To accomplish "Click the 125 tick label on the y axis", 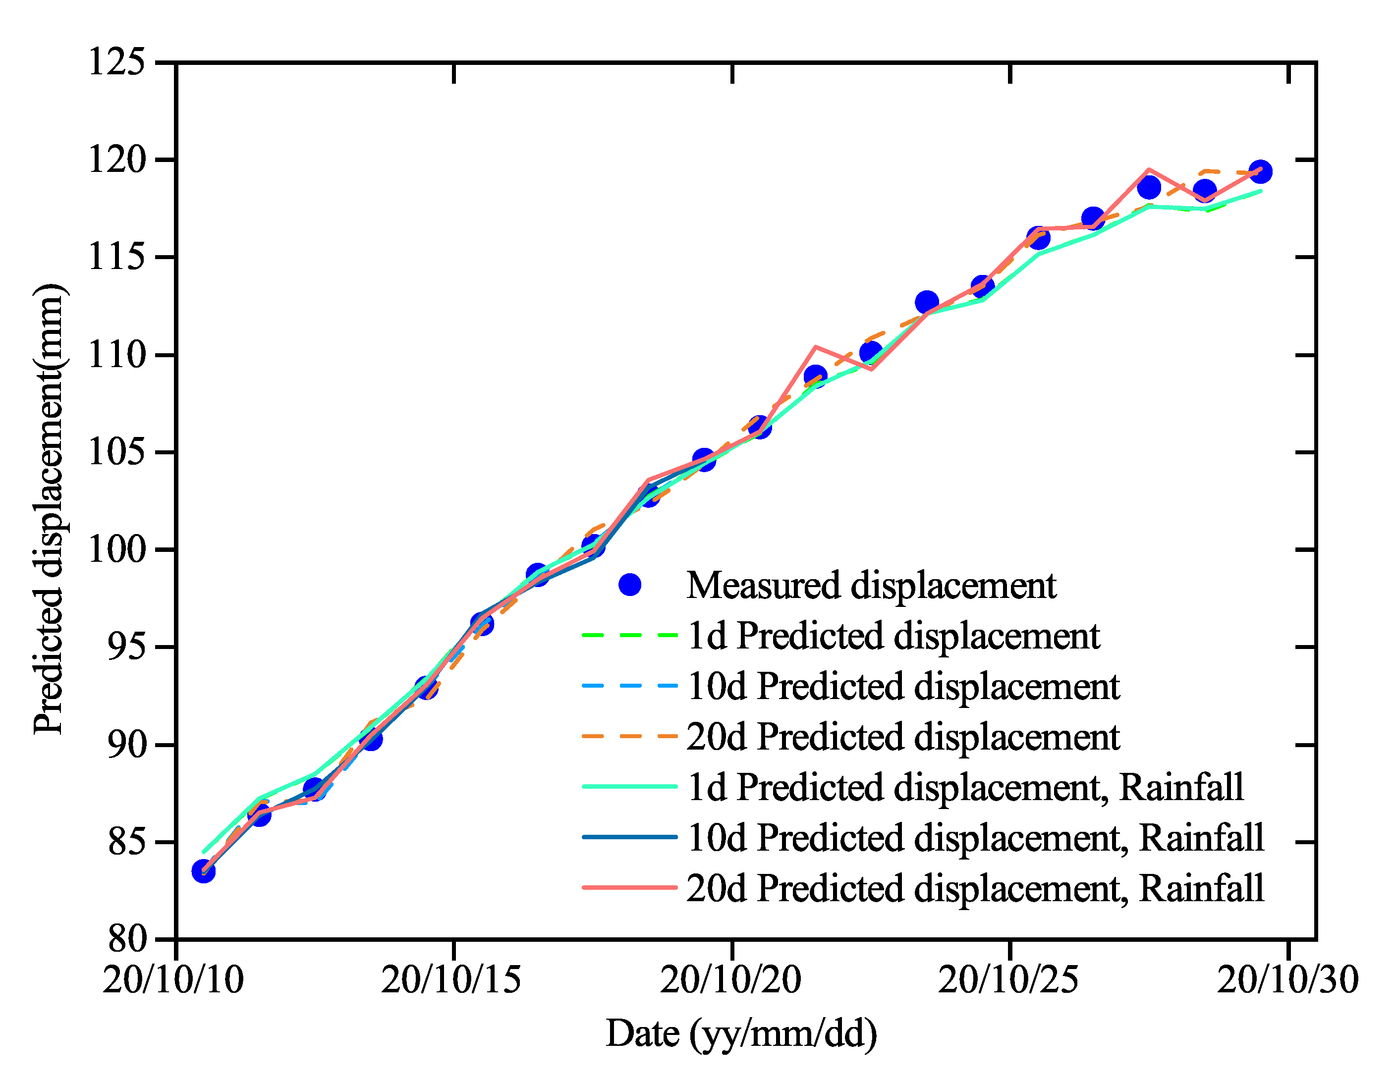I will [x=116, y=62].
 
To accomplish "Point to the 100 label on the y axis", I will [x=116, y=549].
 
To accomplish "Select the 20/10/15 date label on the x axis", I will [x=451, y=979].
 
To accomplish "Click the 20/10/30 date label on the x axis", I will [x=1287, y=979].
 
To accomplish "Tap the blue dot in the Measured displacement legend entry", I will [x=630, y=585].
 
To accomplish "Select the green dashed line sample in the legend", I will [x=630, y=635].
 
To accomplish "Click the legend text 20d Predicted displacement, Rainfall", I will [x=975, y=888].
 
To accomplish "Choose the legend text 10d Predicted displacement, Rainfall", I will [x=975, y=837].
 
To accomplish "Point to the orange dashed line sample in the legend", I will [x=630, y=736].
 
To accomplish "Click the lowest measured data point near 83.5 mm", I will [x=203, y=871].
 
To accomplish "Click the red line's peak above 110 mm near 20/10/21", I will [x=816, y=347].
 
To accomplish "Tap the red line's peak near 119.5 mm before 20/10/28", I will [x=1148, y=170].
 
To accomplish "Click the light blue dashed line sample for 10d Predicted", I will [x=630, y=686].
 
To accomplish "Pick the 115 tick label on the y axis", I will [x=116, y=257].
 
